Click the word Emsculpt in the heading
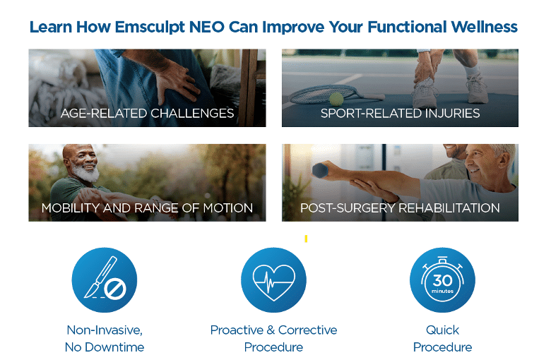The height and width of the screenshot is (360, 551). pyautogui.click(x=150, y=28)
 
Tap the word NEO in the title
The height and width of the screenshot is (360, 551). pyautogui.click(x=207, y=27)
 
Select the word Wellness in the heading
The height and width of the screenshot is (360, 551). pyautogui.click(x=484, y=27)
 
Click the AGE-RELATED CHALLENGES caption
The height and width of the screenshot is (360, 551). pyautogui.click(x=147, y=113)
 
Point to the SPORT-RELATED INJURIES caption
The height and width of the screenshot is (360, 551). pyautogui.click(x=400, y=113)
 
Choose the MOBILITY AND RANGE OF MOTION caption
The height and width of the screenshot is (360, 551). pyautogui.click(x=147, y=208)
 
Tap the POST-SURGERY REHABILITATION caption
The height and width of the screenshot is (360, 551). pyautogui.click(x=400, y=208)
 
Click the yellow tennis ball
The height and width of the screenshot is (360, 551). pyautogui.click(x=336, y=99)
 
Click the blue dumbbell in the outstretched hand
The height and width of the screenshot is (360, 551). pyautogui.click(x=320, y=170)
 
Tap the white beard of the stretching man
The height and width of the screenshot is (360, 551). pyautogui.click(x=86, y=173)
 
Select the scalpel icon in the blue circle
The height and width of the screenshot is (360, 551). pyautogui.click(x=100, y=277)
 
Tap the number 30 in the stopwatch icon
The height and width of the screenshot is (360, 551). pyautogui.click(x=442, y=280)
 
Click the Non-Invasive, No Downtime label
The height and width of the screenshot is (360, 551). pyautogui.click(x=105, y=339)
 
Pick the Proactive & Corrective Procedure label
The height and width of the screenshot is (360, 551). pyautogui.click(x=274, y=339)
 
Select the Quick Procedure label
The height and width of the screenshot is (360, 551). pyautogui.click(x=442, y=339)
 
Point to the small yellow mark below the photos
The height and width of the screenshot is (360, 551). pyautogui.click(x=306, y=239)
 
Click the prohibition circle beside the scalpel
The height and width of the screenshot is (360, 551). pyautogui.click(x=115, y=289)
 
